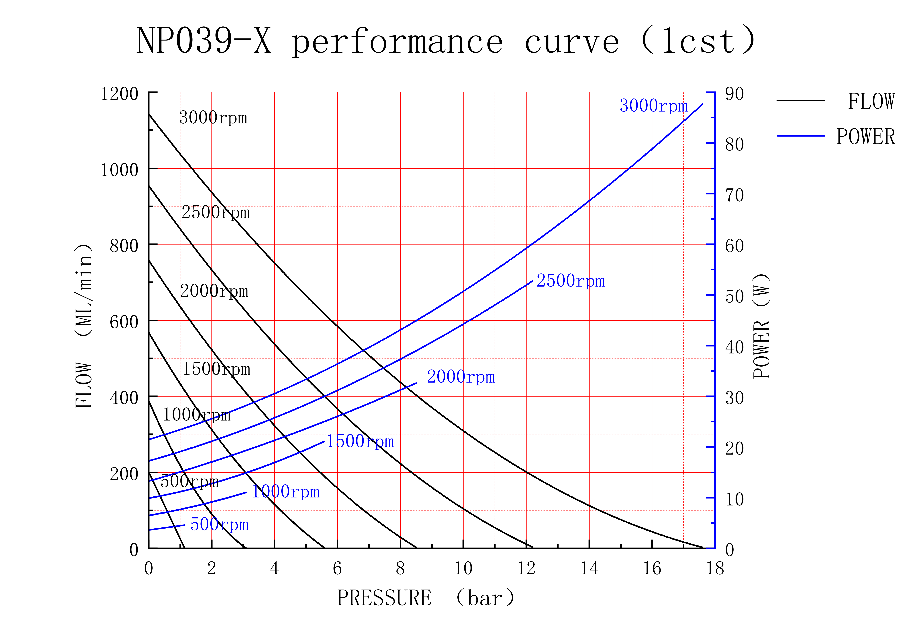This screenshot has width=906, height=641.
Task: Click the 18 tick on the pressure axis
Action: [x=715, y=569]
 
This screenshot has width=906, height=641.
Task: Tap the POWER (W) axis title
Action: [x=762, y=326]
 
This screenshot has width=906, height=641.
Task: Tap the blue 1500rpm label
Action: [x=360, y=441]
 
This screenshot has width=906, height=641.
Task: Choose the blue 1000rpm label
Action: [x=285, y=492]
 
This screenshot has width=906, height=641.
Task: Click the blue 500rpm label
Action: [x=220, y=525]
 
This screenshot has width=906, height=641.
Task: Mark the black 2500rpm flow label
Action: [x=215, y=212]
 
